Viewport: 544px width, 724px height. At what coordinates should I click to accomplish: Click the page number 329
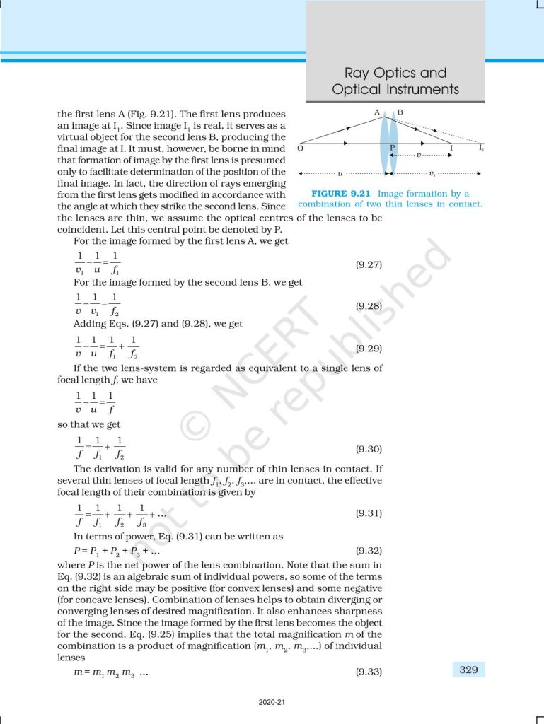pos(468,670)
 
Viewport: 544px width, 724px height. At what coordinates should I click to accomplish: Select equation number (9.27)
pos(368,265)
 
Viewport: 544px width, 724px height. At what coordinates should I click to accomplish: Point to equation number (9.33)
pos(368,672)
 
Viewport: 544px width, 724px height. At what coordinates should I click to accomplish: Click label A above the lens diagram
pos(377,112)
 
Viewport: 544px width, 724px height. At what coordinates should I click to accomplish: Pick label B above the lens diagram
pos(400,112)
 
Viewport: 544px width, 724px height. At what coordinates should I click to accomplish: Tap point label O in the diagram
pos(301,149)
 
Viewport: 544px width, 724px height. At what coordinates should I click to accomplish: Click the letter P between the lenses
pos(392,148)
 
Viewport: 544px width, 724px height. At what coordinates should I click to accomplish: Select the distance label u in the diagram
pos(341,173)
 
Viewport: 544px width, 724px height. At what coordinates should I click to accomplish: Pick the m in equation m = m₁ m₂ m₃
pos(79,672)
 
